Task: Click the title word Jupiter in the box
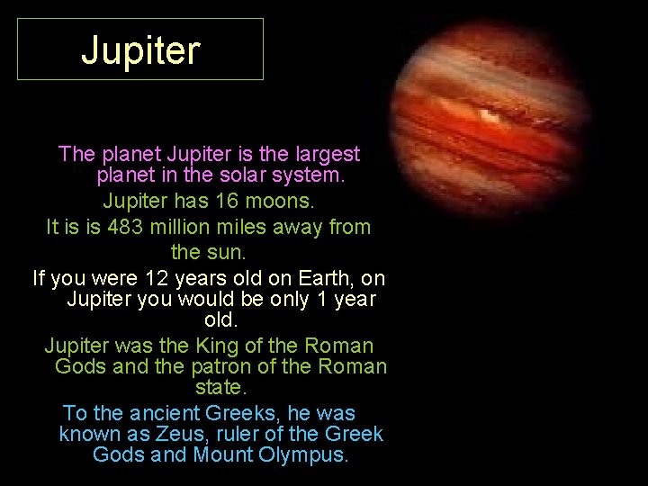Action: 140,51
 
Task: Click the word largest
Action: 327,154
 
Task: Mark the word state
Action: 220,388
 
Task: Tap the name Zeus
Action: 182,434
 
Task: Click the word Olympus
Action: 301,454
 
